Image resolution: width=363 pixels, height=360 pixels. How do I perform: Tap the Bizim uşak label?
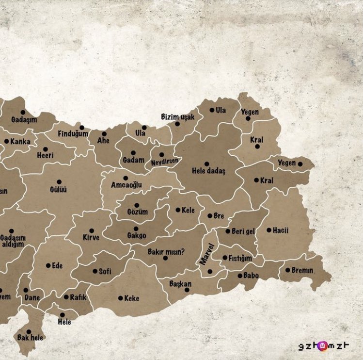(178, 117)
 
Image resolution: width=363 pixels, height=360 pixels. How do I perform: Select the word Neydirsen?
(165, 161)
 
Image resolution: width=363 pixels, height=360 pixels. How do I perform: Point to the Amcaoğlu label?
(126, 185)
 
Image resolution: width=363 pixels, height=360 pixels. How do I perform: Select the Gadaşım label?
(24, 120)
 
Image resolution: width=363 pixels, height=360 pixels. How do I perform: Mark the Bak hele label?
(31, 338)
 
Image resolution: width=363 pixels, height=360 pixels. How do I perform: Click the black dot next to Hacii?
(269, 230)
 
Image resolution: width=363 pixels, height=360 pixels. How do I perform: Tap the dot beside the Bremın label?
(287, 270)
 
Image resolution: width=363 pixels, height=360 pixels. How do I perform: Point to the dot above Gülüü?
(59, 182)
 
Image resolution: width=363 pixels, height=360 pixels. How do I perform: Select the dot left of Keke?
(120, 298)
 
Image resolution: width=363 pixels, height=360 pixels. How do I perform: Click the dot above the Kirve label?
(92, 231)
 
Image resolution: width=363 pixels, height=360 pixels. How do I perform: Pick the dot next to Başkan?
(187, 290)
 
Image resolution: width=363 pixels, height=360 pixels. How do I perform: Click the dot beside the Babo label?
(239, 276)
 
